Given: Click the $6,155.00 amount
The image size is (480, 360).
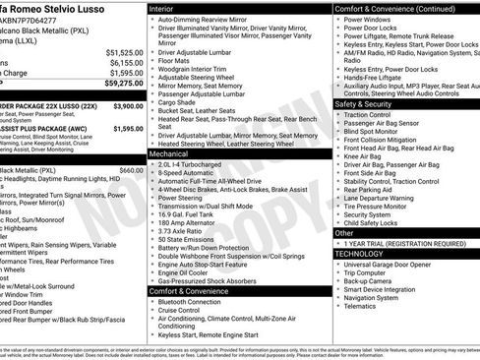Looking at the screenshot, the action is coord(125,62).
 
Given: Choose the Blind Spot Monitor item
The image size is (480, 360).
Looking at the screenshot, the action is coord(372,131).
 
